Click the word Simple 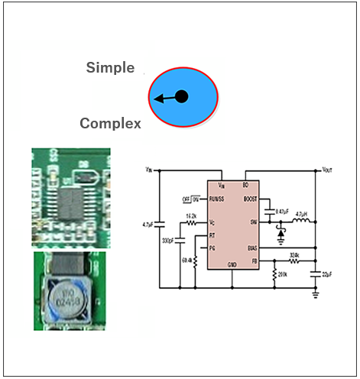coord(110,67)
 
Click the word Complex coord(110,123)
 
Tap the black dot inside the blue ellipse coord(181,96)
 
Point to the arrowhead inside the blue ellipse coord(156,99)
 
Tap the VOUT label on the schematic coord(327,168)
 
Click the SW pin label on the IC coord(253,222)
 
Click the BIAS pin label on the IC coord(251,248)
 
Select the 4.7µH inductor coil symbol coord(301,222)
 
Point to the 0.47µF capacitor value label coord(281,210)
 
